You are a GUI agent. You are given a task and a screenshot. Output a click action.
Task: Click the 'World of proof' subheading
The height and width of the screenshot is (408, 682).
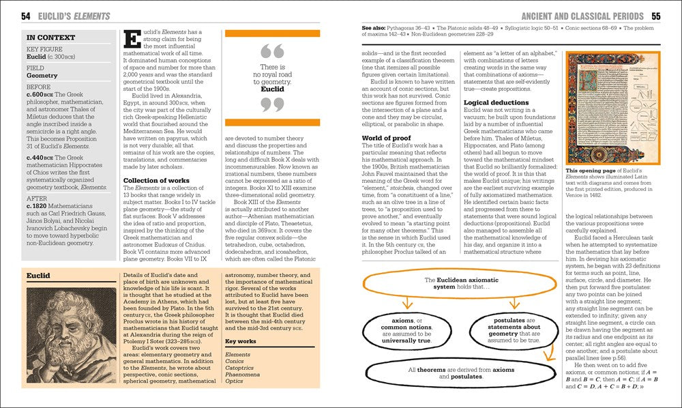pos(388,139)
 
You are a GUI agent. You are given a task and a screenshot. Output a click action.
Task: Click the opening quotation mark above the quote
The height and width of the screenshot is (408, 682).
pos(272,50)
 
